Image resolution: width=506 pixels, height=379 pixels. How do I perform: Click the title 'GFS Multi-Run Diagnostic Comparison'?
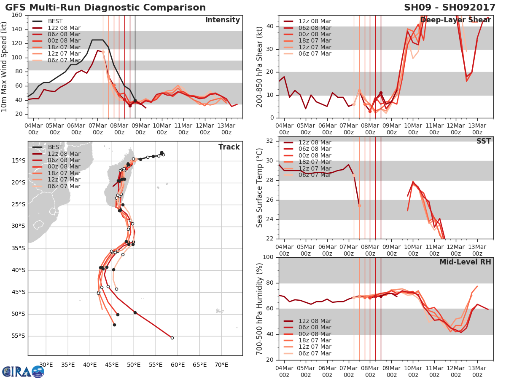(x=105, y=8)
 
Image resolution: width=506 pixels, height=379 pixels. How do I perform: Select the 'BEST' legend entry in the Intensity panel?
(x=55, y=21)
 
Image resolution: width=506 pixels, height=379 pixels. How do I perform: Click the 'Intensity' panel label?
(x=222, y=20)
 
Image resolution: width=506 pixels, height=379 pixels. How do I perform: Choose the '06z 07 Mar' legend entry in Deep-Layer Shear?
(x=315, y=53)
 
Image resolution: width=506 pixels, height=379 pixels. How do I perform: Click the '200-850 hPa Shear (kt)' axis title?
(x=260, y=66)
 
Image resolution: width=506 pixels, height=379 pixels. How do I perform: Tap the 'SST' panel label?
(x=483, y=141)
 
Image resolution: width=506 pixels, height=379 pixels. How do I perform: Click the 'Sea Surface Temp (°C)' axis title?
(x=260, y=188)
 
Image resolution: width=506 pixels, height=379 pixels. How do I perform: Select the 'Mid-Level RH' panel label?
(x=465, y=262)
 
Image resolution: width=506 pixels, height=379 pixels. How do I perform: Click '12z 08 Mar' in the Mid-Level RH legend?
(x=315, y=321)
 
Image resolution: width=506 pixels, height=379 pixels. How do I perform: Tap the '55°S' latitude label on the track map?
(x=18, y=336)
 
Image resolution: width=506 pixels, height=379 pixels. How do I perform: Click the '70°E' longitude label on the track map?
(x=221, y=364)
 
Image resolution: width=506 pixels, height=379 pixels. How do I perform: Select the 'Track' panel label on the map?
(x=229, y=147)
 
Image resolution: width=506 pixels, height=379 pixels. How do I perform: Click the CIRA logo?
(x=23, y=371)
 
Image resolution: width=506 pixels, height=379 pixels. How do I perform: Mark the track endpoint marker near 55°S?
(x=172, y=338)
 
